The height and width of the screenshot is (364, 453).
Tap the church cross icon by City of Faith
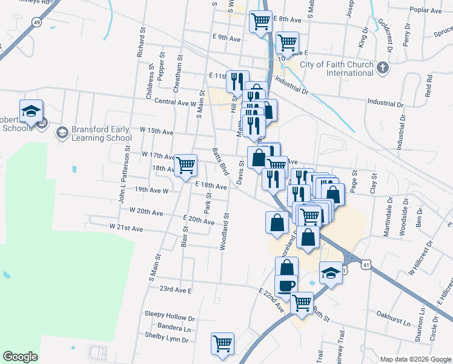(383, 67)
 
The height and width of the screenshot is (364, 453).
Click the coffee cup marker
(286, 285)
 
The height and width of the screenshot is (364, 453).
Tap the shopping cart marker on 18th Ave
(186, 164)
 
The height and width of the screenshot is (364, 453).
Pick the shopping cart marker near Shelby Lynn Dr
(223, 343)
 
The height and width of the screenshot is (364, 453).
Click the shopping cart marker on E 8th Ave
(260, 21)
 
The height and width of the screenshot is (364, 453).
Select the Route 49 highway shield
(37, 22)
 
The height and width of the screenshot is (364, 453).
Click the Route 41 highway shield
(365, 265)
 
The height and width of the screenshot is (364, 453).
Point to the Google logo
(20, 357)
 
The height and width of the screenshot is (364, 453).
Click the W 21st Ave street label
(126, 227)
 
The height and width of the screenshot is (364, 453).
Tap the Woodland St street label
(226, 231)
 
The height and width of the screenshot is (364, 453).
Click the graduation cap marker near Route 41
(331, 274)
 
